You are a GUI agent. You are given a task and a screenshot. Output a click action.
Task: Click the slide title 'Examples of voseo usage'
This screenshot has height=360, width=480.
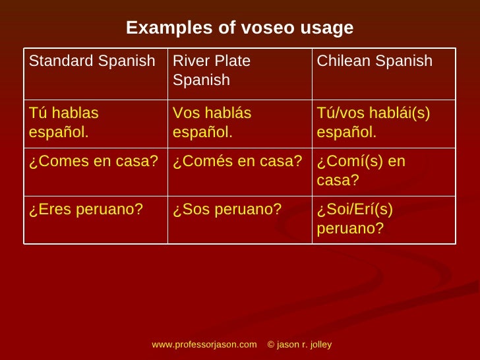pyautogui.click(x=239, y=28)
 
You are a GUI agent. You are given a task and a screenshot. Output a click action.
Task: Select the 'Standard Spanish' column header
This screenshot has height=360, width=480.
pyautogui.click(x=92, y=61)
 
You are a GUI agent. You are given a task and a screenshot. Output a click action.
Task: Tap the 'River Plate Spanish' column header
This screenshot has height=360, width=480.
pyautogui.click(x=212, y=71)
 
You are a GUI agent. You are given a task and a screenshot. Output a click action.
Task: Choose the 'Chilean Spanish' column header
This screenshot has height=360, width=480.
pyautogui.click(x=375, y=61)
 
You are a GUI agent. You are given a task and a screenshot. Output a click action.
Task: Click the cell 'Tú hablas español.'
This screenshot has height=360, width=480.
pyautogui.click(x=64, y=123)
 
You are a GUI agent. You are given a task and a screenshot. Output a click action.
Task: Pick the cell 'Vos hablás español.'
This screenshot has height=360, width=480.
pyautogui.click(x=212, y=123)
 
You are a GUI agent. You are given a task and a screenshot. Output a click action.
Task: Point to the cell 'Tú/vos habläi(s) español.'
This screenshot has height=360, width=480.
pyautogui.click(x=373, y=123)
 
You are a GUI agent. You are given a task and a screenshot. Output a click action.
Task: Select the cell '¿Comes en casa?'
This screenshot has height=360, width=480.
pyautogui.click(x=93, y=162)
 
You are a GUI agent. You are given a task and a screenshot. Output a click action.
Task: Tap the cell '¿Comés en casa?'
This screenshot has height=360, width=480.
pyautogui.click(x=237, y=162)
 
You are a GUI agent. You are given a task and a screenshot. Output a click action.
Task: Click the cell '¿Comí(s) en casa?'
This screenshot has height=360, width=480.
pyautogui.click(x=361, y=171)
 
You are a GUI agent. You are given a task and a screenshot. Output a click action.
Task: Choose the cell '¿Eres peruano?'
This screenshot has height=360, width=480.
pyautogui.click(x=86, y=210)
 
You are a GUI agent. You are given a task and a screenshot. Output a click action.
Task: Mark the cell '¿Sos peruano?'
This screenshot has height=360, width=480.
pyautogui.click(x=227, y=210)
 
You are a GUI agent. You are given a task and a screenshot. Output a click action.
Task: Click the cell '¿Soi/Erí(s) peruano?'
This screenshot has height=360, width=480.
pyautogui.click(x=355, y=219)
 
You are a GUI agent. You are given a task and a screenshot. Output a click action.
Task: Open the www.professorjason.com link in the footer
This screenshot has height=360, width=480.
pyautogui.click(x=204, y=345)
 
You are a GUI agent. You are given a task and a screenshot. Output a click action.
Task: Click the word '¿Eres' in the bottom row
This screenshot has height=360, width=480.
pyautogui.click(x=47, y=210)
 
